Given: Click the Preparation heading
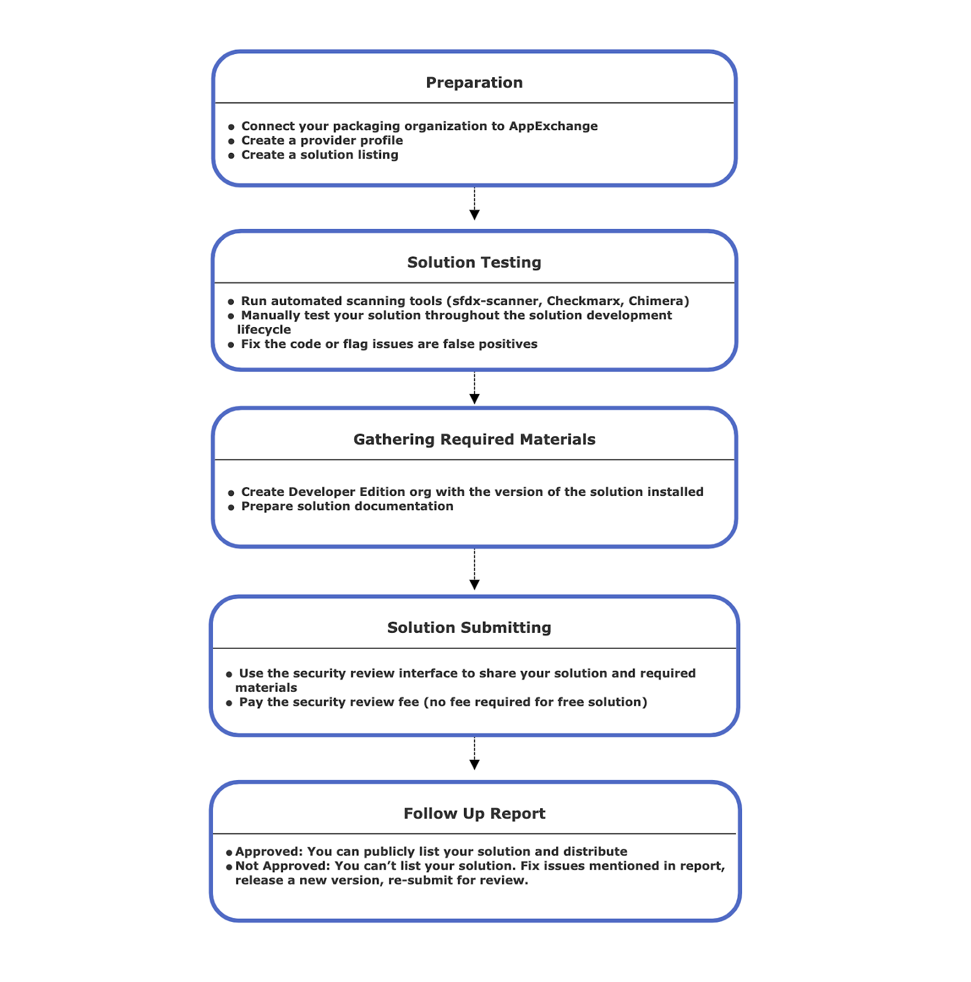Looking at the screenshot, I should (474, 83).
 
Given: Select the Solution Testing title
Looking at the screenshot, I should (474, 263).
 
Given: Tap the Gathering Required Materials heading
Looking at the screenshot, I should (474, 439).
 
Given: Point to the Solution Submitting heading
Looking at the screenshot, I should (469, 628).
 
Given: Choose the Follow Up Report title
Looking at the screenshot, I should (474, 814).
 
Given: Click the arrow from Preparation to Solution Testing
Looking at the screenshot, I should (474, 204).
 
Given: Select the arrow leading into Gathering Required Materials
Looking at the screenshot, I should (474, 389).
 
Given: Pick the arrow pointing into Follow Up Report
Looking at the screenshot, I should (474, 754).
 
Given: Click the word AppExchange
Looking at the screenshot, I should (553, 126).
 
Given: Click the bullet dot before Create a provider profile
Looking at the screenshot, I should (231, 142).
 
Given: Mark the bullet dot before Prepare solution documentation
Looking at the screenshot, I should (231, 508).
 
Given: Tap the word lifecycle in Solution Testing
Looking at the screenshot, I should (264, 330).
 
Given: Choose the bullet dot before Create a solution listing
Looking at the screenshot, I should (231, 156).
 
